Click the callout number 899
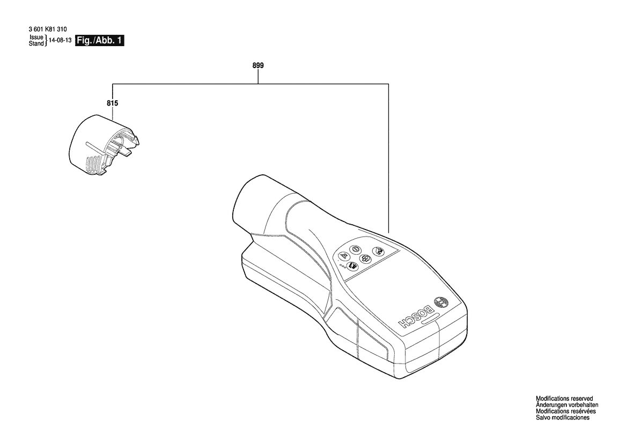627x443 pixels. tap(258, 65)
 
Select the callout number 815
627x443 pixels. tap(112, 103)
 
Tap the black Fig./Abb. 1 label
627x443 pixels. tap(100, 40)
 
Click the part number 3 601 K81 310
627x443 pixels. tap(48, 29)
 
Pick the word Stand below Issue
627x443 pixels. tap(36, 43)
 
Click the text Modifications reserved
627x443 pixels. tap(564, 398)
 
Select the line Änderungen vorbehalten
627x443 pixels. tap(567, 405)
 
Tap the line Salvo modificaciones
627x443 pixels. tap(563, 418)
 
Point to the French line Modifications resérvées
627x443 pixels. tap(566, 411)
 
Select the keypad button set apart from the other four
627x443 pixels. tap(378, 251)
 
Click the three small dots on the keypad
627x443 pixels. tap(342, 265)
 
